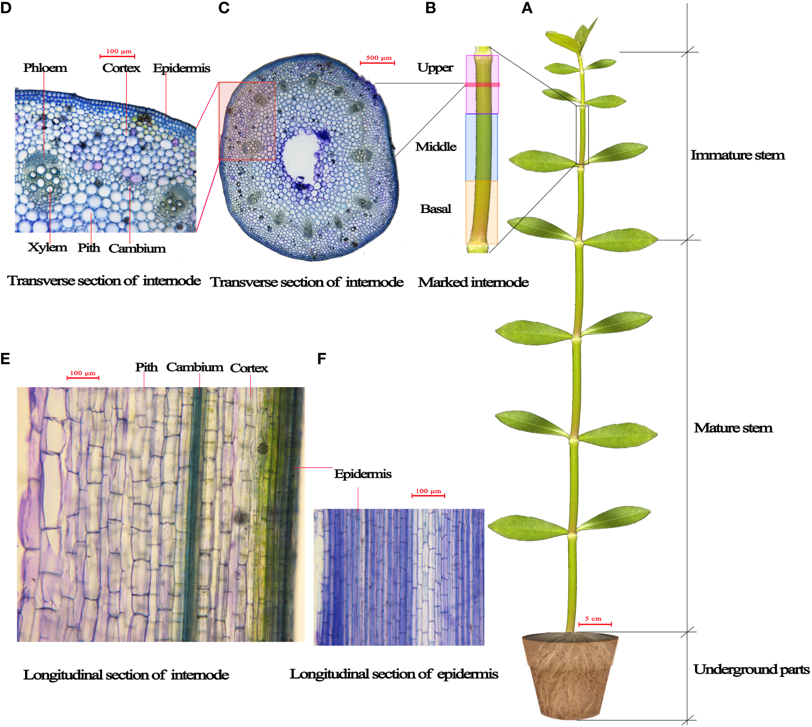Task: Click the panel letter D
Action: (x=5, y=8)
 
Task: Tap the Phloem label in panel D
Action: (x=45, y=68)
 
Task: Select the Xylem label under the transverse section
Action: (x=47, y=247)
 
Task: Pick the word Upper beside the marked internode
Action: (x=435, y=68)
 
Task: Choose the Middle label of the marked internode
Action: (x=435, y=146)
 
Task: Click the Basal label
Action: (x=435, y=209)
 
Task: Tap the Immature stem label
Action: (x=737, y=155)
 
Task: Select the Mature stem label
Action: (x=733, y=428)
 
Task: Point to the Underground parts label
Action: (x=751, y=669)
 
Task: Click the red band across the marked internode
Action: (x=482, y=85)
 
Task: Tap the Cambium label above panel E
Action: (x=195, y=367)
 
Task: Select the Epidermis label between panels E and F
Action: (x=362, y=474)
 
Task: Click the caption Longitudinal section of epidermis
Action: (x=393, y=674)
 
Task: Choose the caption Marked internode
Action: (x=473, y=282)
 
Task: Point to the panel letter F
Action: (x=322, y=359)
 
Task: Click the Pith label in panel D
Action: (x=89, y=248)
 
